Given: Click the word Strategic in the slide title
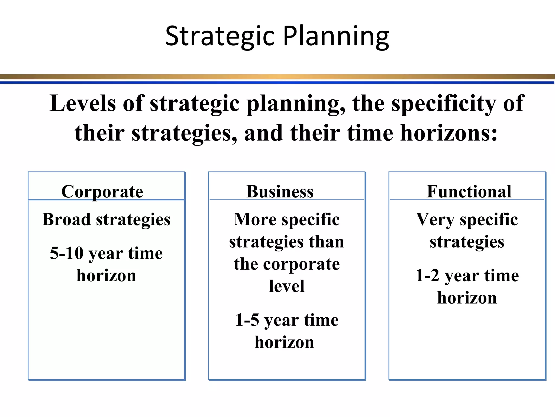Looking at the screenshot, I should click(x=220, y=36).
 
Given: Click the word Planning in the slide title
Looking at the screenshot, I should click(x=336, y=36).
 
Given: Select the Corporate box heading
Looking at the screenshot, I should click(x=102, y=191).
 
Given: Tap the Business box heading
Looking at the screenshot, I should click(x=280, y=191).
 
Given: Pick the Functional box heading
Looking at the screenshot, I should click(x=469, y=191).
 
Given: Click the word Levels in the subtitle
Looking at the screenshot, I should click(x=82, y=103).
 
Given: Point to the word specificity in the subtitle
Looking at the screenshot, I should click(x=443, y=103).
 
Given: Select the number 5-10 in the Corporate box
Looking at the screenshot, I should click(x=67, y=253).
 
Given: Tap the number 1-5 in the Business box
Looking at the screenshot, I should click(x=247, y=320).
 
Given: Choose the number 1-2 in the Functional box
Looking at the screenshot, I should click(x=427, y=275).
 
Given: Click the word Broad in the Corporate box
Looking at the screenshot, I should click(x=66, y=219).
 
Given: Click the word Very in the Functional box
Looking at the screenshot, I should click(x=435, y=219).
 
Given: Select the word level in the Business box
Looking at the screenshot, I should click(x=286, y=286).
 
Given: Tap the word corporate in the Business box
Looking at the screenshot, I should click(x=301, y=264).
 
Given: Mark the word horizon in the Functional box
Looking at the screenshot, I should click(x=467, y=298).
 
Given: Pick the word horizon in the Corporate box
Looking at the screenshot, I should click(x=106, y=276).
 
